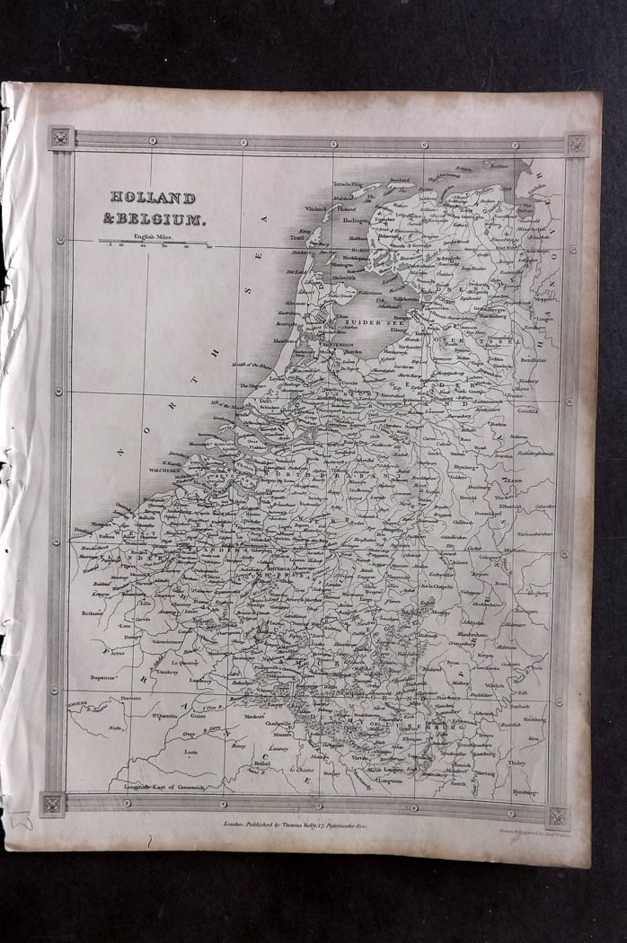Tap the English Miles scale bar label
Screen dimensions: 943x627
point(153,235)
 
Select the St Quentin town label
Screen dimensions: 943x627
point(163,715)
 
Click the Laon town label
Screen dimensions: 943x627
point(190,752)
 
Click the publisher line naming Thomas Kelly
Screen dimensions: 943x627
point(295,822)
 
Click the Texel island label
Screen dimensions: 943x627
point(296,238)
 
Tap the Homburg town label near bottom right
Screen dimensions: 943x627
point(523,793)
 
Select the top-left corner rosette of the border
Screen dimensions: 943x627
point(60,137)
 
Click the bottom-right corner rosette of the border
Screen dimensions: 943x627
point(559,815)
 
